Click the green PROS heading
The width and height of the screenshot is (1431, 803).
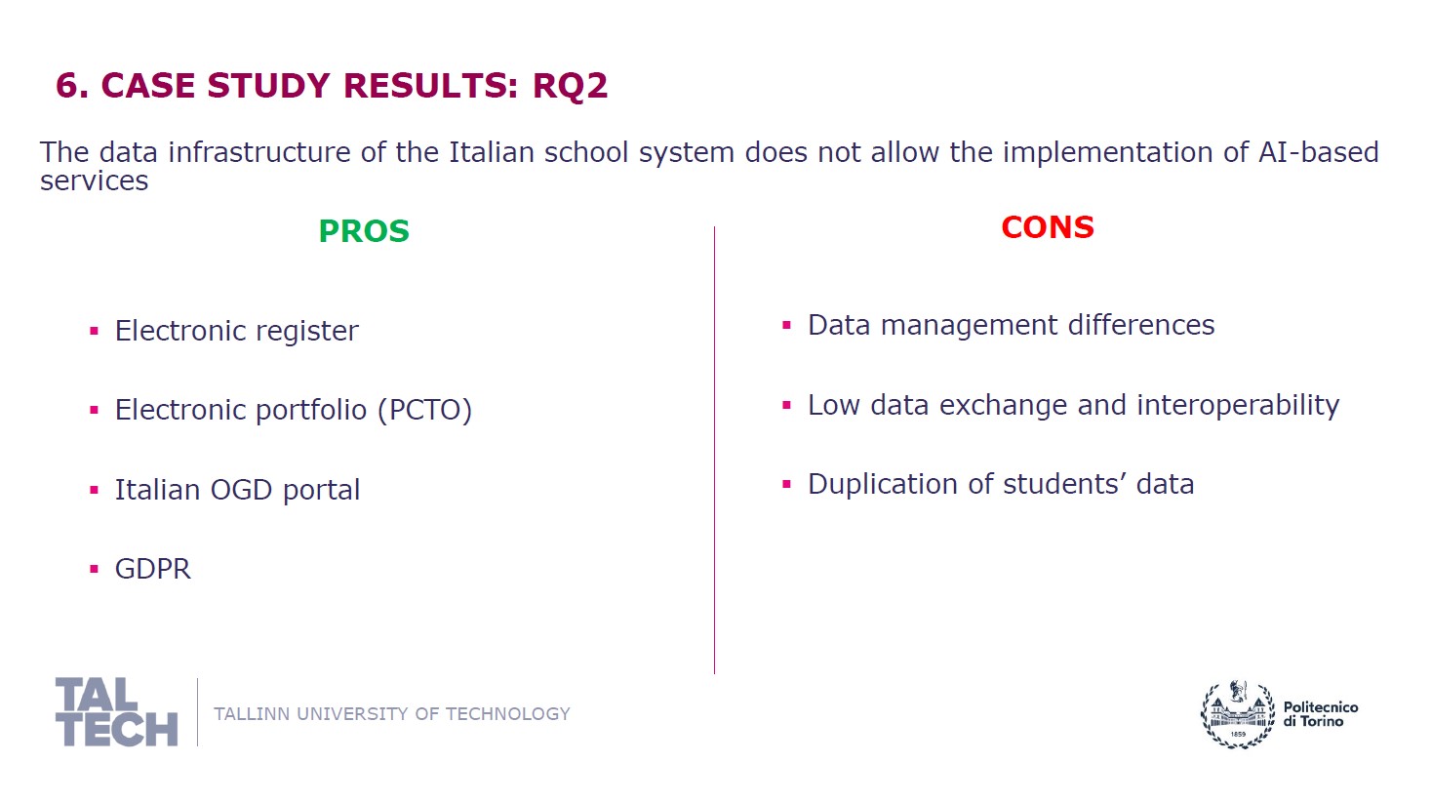(x=364, y=231)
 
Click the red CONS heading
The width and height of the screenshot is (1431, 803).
(x=1048, y=227)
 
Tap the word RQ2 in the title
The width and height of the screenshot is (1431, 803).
(x=570, y=86)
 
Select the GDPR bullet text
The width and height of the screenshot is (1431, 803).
(x=153, y=569)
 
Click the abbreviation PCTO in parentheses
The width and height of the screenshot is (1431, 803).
(x=425, y=410)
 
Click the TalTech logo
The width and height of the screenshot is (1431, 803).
(x=116, y=711)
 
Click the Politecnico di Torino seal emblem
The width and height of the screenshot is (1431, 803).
(x=1238, y=713)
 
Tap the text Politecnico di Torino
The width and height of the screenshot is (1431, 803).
(x=1321, y=714)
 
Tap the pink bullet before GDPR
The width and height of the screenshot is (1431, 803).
(x=94, y=569)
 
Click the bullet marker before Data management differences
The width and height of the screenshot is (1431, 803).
(x=786, y=325)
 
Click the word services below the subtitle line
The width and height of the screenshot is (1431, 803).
(x=94, y=181)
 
